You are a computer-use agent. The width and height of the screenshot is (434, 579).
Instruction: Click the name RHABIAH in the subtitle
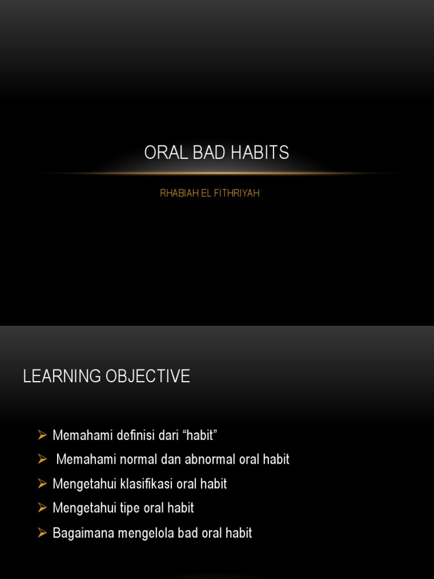177,193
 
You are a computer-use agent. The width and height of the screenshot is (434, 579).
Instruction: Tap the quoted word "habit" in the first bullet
198,435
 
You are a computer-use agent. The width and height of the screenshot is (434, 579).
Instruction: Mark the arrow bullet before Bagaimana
42,533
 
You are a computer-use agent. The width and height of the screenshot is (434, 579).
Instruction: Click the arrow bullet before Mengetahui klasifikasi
42,483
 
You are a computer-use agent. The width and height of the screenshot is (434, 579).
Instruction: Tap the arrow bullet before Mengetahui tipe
42,508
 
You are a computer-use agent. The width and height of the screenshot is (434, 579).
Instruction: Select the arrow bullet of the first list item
42,435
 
